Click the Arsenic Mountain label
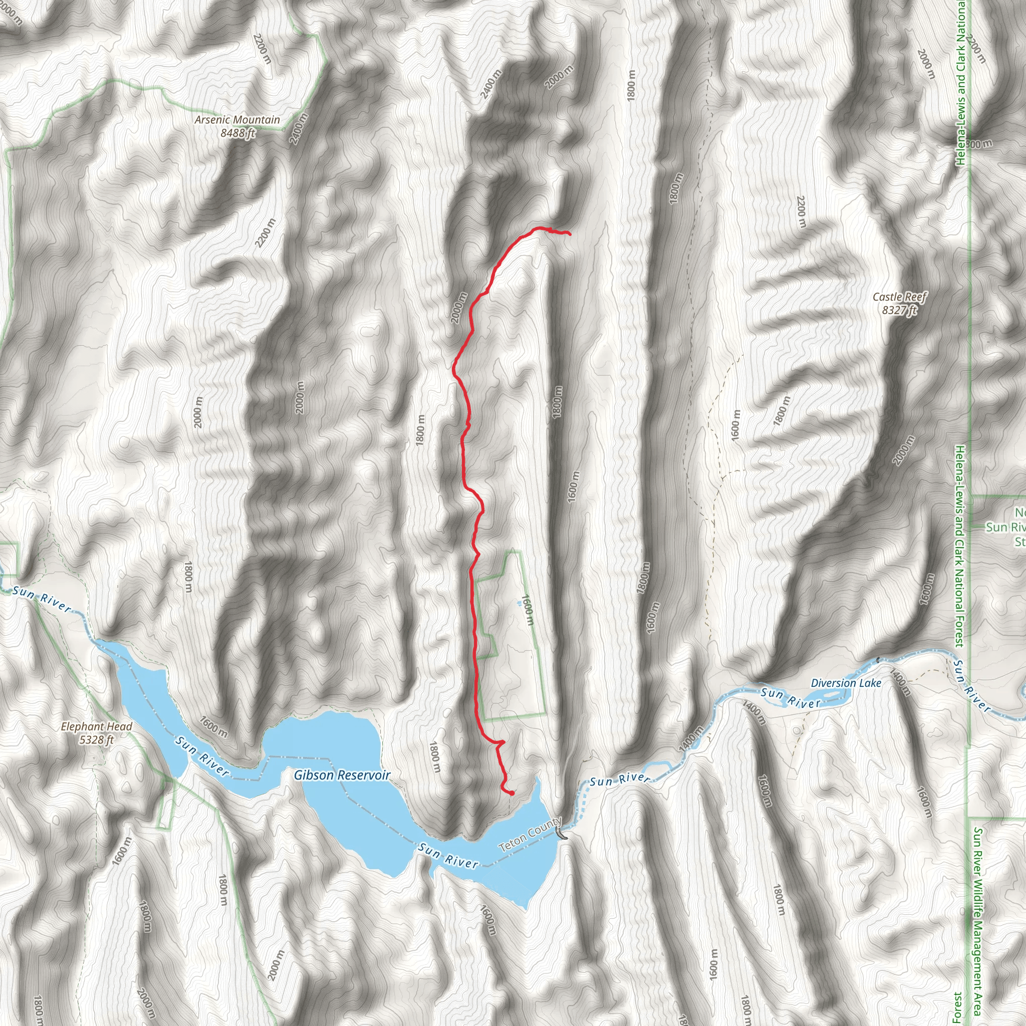pyautogui.click(x=237, y=120)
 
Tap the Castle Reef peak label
pyautogui.click(x=900, y=297)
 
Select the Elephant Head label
pyautogui.click(x=96, y=726)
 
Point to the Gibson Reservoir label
pyautogui.click(x=342, y=775)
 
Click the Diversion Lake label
pyautogui.click(x=846, y=683)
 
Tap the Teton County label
pyautogui.click(x=531, y=834)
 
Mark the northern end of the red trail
pyautogui.click(x=569, y=233)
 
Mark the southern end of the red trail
pyautogui.click(x=512, y=794)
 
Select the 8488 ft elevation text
pyautogui.click(x=237, y=133)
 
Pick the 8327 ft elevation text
pyautogui.click(x=899, y=310)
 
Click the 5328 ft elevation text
pyautogui.click(x=96, y=739)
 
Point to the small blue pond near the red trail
pyautogui.click(x=519, y=603)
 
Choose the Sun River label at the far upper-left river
pyautogui.click(x=42, y=599)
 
